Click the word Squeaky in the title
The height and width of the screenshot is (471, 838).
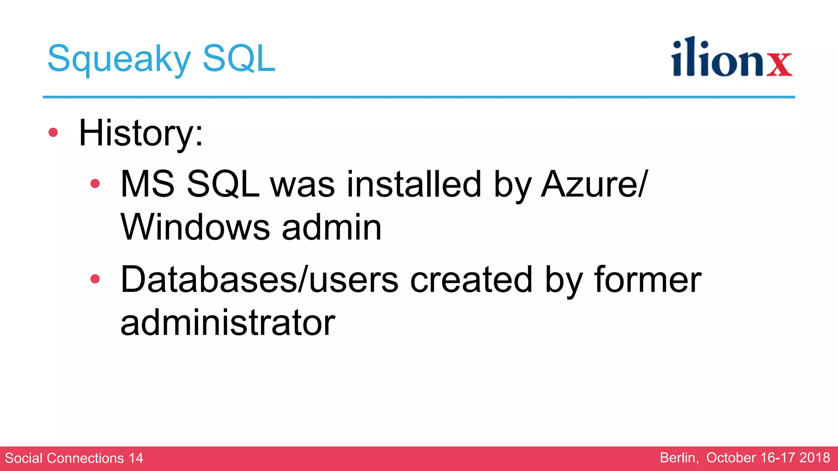click(x=119, y=59)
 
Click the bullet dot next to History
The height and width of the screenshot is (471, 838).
click(x=53, y=132)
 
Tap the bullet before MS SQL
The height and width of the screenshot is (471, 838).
click(x=95, y=184)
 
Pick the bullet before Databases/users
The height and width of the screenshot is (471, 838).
click(x=95, y=279)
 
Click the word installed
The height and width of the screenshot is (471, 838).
click(x=414, y=184)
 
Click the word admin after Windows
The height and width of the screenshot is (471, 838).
click(x=331, y=227)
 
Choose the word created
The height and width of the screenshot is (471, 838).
click(x=471, y=280)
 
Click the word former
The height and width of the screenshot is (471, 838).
click(x=647, y=280)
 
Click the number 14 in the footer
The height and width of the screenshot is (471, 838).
click(x=136, y=458)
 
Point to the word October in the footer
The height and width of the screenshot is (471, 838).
click(x=731, y=458)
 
